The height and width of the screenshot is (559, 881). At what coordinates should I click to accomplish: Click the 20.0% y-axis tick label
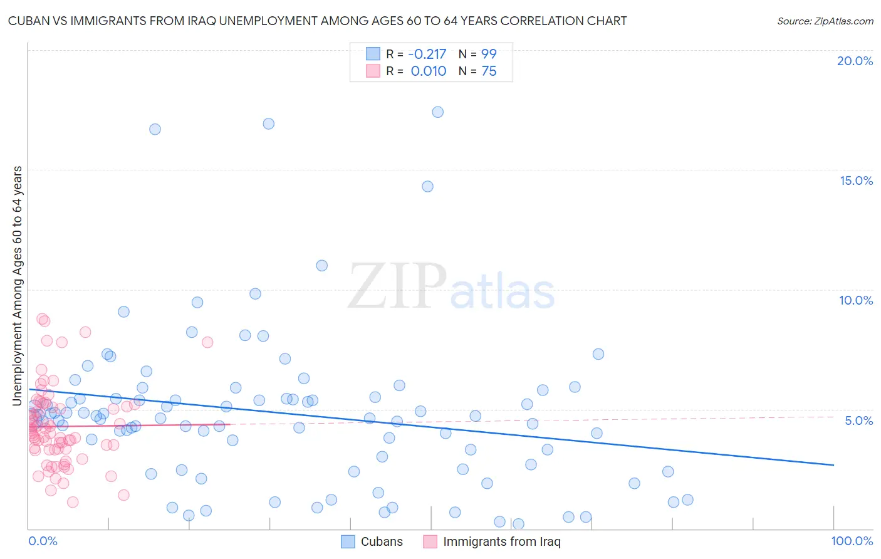point(855,61)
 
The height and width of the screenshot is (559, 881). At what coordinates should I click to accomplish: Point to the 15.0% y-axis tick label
point(856,180)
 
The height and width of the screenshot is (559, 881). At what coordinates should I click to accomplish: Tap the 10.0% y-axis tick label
point(856,300)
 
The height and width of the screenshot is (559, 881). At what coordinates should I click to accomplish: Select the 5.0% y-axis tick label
point(858,421)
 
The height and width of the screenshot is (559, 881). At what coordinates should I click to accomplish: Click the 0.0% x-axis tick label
point(43,541)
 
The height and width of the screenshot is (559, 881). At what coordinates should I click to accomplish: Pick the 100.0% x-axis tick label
point(852,541)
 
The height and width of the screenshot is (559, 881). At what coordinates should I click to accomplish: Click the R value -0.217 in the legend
point(428,55)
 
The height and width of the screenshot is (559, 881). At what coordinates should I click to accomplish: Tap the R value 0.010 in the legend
point(429,71)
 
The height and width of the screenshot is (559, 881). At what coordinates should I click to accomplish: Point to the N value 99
point(489,55)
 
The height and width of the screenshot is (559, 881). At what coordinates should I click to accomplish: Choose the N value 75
point(489,71)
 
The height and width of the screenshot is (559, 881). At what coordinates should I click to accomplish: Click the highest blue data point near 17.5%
point(437,112)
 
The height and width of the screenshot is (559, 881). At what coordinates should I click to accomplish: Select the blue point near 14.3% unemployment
point(427,186)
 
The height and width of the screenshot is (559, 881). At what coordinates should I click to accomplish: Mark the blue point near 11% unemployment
point(321,266)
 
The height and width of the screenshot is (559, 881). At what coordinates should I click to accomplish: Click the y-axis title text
point(18,286)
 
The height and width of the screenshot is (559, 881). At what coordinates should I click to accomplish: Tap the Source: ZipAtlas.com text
point(825,21)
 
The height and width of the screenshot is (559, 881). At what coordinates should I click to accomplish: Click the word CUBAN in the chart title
point(28,21)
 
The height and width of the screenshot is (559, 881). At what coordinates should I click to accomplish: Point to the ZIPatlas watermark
point(451,287)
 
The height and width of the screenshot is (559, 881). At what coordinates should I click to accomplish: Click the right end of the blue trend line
point(833,465)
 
